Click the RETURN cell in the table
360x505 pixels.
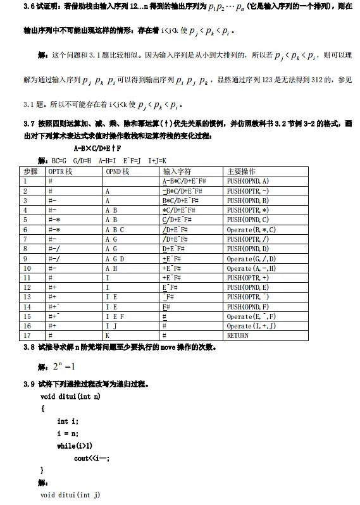[238, 335]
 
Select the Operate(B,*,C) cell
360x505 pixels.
[251, 230]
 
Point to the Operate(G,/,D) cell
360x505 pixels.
[251, 259]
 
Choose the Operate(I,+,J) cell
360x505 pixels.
[251, 326]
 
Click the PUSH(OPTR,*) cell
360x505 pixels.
[248, 210]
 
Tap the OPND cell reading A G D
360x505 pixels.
[115, 259]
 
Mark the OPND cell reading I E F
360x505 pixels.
[115, 316]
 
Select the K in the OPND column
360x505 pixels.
[108, 335]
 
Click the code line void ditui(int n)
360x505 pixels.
[70, 396]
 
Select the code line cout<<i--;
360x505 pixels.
[91, 458]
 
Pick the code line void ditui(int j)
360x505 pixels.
[70, 494]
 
